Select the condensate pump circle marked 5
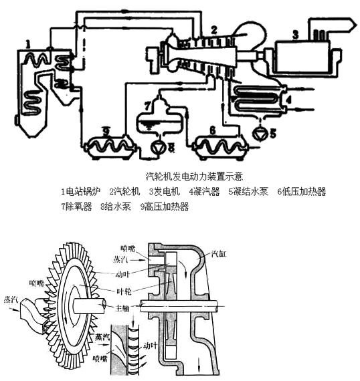click(x=258, y=134)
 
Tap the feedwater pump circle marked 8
click(x=158, y=146)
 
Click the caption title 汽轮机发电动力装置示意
click(x=194, y=176)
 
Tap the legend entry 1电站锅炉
click(x=80, y=192)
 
